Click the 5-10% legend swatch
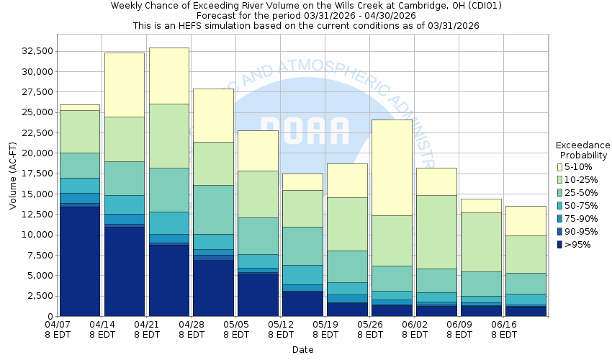pos(560,167)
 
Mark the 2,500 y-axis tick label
pos(39,296)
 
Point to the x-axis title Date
pos(302,349)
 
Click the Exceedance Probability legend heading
pos(583,149)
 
